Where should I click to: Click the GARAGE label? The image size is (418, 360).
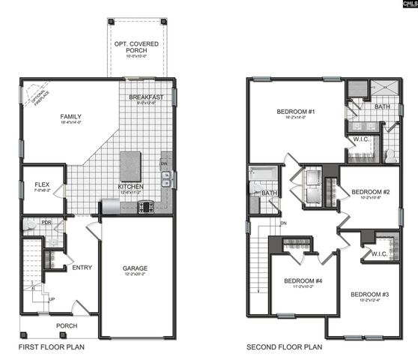click(136, 268)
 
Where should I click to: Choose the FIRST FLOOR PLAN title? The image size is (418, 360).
click(51, 347)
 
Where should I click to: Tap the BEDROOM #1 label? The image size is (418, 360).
click(295, 112)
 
